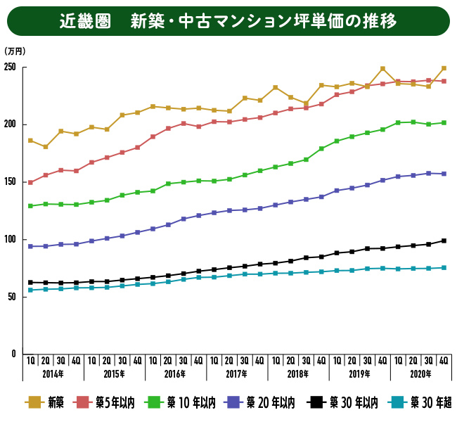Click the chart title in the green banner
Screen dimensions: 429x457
(228, 21)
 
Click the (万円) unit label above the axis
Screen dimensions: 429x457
(15, 51)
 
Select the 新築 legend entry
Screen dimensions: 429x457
(46, 402)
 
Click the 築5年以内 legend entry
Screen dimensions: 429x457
(115, 402)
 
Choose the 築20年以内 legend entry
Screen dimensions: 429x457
(264, 402)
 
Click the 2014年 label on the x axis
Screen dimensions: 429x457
(53, 373)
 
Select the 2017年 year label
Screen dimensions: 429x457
(236, 373)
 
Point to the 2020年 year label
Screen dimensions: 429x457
(420, 373)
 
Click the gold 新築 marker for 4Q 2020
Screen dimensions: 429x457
(444, 68)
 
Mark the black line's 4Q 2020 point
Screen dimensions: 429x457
(444, 241)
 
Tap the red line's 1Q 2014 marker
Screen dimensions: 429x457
(30, 182)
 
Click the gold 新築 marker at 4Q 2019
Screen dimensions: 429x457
(382, 69)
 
